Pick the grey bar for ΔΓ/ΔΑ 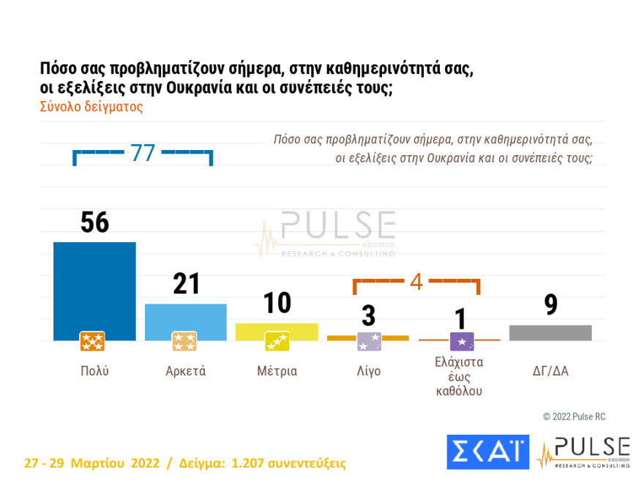coord(550,333)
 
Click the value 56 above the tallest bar coord(94,222)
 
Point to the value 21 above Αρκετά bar coord(186,284)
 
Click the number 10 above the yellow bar coord(277,303)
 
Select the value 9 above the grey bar coord(550,305)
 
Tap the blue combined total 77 coord(143,153)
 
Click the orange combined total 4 coord(416,282)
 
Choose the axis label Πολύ coord(94,371)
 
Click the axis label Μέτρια coord(277,371)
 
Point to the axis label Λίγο coord(368,371)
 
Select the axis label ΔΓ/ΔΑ coord(550,371)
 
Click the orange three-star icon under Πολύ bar coord(92,342)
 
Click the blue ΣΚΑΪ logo coord(487,452)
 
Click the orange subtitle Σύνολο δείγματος coord(91,106)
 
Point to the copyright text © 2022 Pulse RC coord(574,416)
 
